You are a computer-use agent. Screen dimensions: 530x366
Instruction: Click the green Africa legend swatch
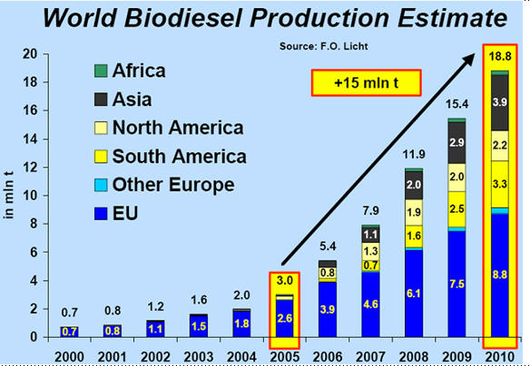101,71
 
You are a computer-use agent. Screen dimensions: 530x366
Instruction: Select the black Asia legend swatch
101,100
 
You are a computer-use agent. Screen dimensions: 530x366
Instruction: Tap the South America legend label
179,157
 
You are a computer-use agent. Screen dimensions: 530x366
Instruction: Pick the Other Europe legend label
173,185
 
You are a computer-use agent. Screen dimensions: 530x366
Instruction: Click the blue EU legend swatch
101,214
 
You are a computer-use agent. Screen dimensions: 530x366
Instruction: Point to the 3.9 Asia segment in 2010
500,102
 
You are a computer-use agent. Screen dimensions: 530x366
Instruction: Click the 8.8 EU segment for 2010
500,274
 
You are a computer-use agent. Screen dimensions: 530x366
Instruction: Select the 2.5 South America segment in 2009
456,209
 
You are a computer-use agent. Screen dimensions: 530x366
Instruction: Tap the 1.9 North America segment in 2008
414,212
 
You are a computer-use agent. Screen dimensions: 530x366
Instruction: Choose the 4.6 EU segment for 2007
371,304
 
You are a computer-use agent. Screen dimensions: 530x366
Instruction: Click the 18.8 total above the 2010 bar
500,56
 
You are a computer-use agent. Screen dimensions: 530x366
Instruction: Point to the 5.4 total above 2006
328,246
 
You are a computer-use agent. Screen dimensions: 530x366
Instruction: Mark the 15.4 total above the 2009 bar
456,104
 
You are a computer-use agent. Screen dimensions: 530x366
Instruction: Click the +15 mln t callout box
366,82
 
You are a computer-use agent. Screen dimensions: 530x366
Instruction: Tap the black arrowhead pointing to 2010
469,59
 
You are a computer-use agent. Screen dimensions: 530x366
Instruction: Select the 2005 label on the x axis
285,357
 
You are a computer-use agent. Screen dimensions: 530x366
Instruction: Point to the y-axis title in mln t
9,196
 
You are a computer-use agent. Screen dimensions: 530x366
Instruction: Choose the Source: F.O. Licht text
323,46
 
